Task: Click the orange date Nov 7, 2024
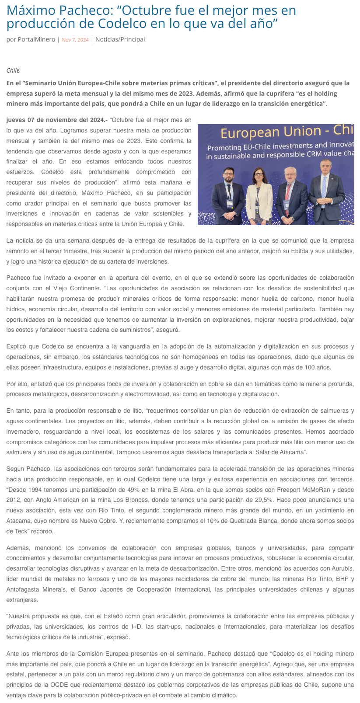(x=75, y=40)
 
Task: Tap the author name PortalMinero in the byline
(x=36, y=39)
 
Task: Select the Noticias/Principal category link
(x=120, y=39)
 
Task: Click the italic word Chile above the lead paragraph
(x=13, y=70)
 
